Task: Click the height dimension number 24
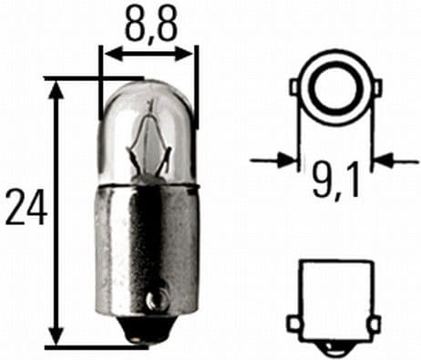click(25, 208)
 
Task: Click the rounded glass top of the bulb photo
click(149, 96)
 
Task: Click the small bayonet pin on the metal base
click(156, 296)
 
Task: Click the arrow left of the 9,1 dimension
click(288, 160)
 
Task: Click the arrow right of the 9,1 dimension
click(381, 160)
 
